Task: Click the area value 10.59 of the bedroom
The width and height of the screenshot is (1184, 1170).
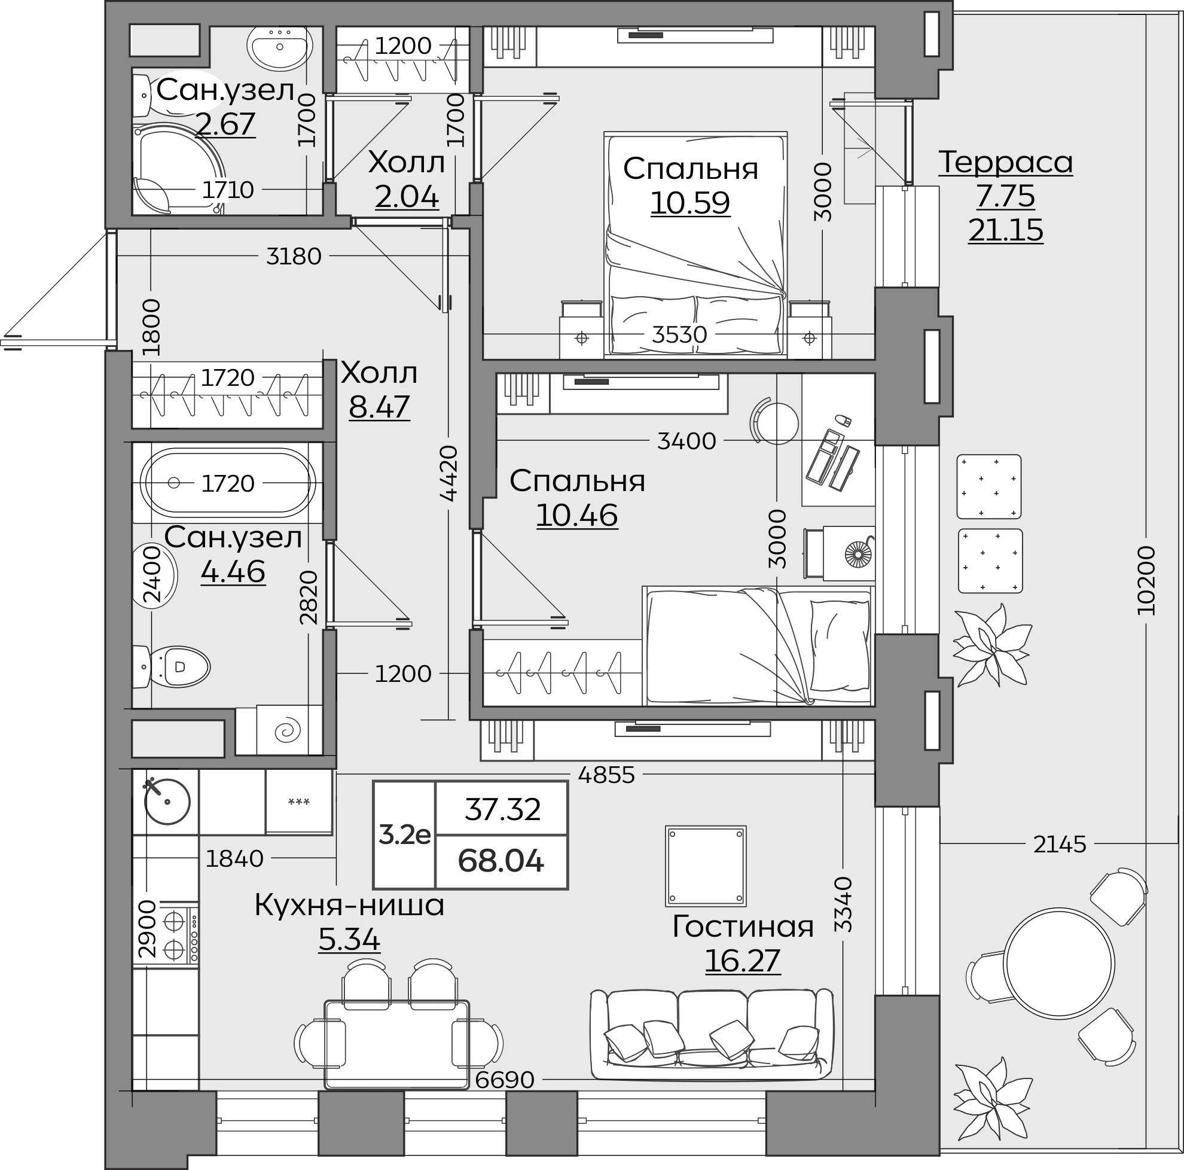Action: [690, 203]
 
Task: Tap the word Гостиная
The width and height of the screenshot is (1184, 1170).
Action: [743, 926]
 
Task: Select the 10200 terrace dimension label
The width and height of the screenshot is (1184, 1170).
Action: [1145, 580]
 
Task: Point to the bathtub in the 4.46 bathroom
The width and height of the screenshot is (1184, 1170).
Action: [228, 483]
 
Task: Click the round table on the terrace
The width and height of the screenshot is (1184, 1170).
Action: [1058, 963]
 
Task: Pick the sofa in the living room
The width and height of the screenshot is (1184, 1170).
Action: [712, 1035]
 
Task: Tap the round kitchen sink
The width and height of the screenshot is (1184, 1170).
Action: [167, 802]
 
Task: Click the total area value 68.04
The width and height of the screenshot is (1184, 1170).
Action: [501, 861]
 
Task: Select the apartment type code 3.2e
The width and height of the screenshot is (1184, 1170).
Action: [404, 835]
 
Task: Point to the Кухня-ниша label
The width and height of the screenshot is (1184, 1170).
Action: [349, 905]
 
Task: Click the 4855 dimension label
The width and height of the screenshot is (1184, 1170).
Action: [606, 775]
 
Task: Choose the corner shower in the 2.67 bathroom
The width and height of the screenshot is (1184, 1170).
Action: [179, 169]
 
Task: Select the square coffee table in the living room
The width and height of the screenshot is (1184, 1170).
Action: [706, 866]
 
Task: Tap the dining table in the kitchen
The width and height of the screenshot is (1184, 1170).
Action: [396, 1044]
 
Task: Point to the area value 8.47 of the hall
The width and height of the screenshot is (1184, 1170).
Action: [379, 406]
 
